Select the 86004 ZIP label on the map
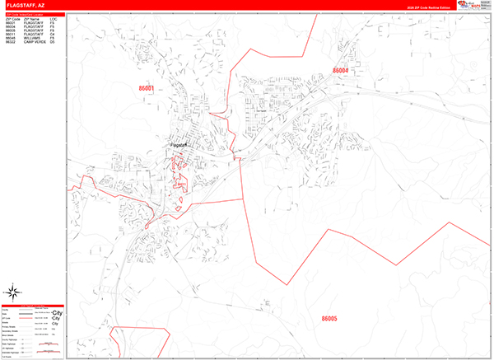341,71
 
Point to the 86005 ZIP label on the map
329,318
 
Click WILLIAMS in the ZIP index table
34,38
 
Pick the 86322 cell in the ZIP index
11,42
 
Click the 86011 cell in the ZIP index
11,34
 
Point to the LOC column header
53,18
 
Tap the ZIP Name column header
31,18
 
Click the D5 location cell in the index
52,42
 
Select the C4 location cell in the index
52,34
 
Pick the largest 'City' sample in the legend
57,315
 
